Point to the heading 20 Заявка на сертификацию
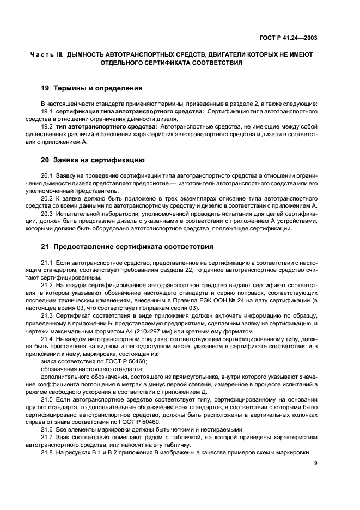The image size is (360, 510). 93,160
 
